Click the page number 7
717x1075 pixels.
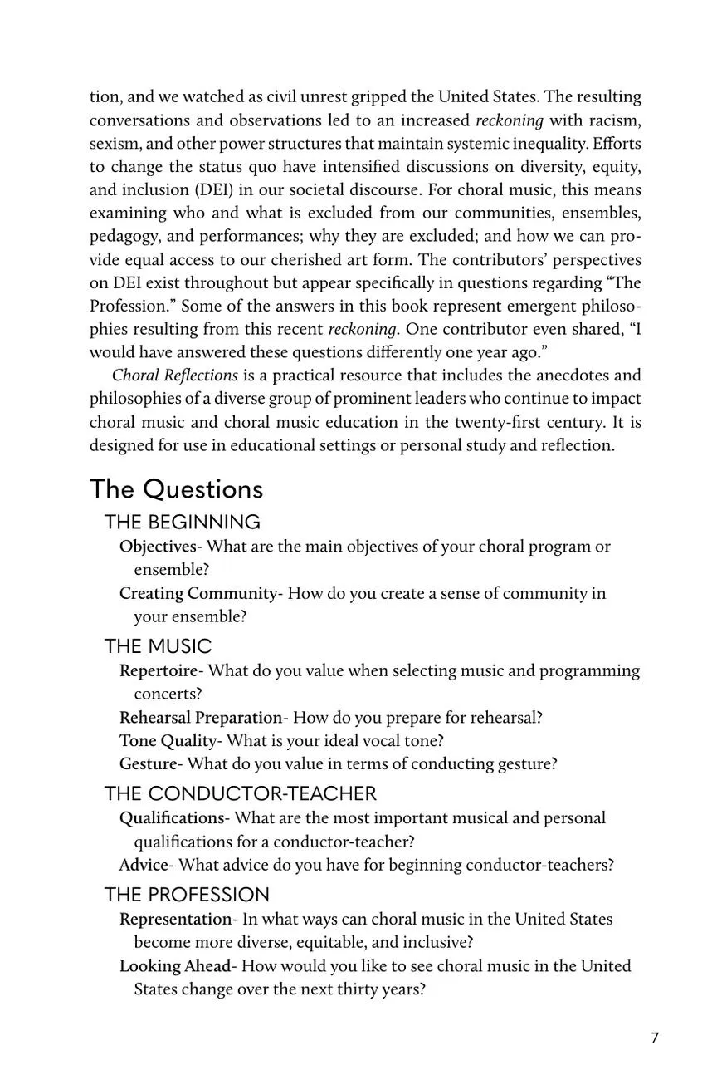(655, 1038)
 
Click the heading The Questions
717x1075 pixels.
(176, 488)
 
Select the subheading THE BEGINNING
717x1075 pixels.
(182, 522)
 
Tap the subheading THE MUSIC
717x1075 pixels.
(158, 645)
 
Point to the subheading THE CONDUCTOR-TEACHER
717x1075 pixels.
(240, 793)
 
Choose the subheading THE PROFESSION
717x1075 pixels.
(187, 894)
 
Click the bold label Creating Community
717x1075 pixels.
(198, 593)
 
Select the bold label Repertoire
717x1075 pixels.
(159, 670)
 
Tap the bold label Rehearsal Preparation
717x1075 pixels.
(201, 717)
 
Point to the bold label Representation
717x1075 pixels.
(175, 919)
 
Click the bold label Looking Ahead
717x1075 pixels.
(175, 965)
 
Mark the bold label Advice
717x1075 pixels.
(144, 865)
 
